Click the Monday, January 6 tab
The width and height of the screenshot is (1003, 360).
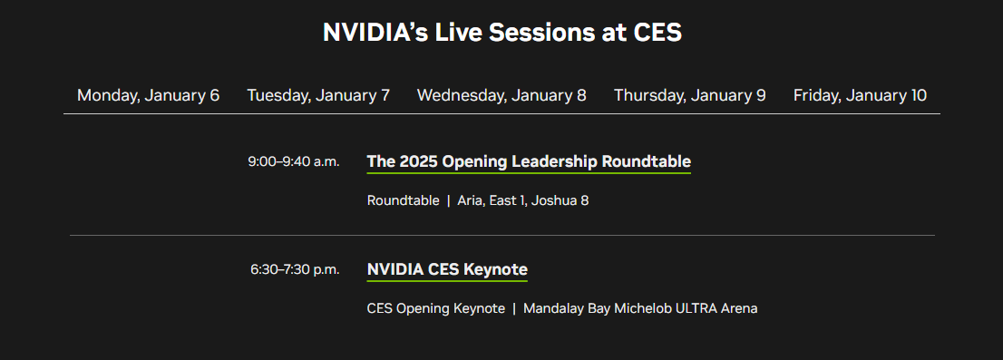point(148,95)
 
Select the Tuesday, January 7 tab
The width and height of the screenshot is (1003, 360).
point(318,95)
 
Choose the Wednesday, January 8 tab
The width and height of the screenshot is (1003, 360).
point(501,95)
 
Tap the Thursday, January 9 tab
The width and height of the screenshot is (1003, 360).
point(689,95)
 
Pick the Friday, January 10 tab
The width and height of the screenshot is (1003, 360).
point(860,95)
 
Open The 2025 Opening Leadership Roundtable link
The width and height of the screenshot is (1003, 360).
point(529,162)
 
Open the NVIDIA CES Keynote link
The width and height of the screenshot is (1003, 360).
point(447,269)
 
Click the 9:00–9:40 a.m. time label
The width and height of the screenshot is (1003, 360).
point(293,161)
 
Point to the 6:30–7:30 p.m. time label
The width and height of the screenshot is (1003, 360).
point(295,269)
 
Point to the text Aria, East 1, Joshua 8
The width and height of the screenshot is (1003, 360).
point(523,200)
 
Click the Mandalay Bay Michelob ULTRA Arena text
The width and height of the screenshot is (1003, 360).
point(640,308)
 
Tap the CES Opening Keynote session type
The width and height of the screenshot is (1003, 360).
point(435,308)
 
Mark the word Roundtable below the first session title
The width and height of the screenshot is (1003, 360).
point(403,200)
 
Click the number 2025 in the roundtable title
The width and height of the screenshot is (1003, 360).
point(418,162)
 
